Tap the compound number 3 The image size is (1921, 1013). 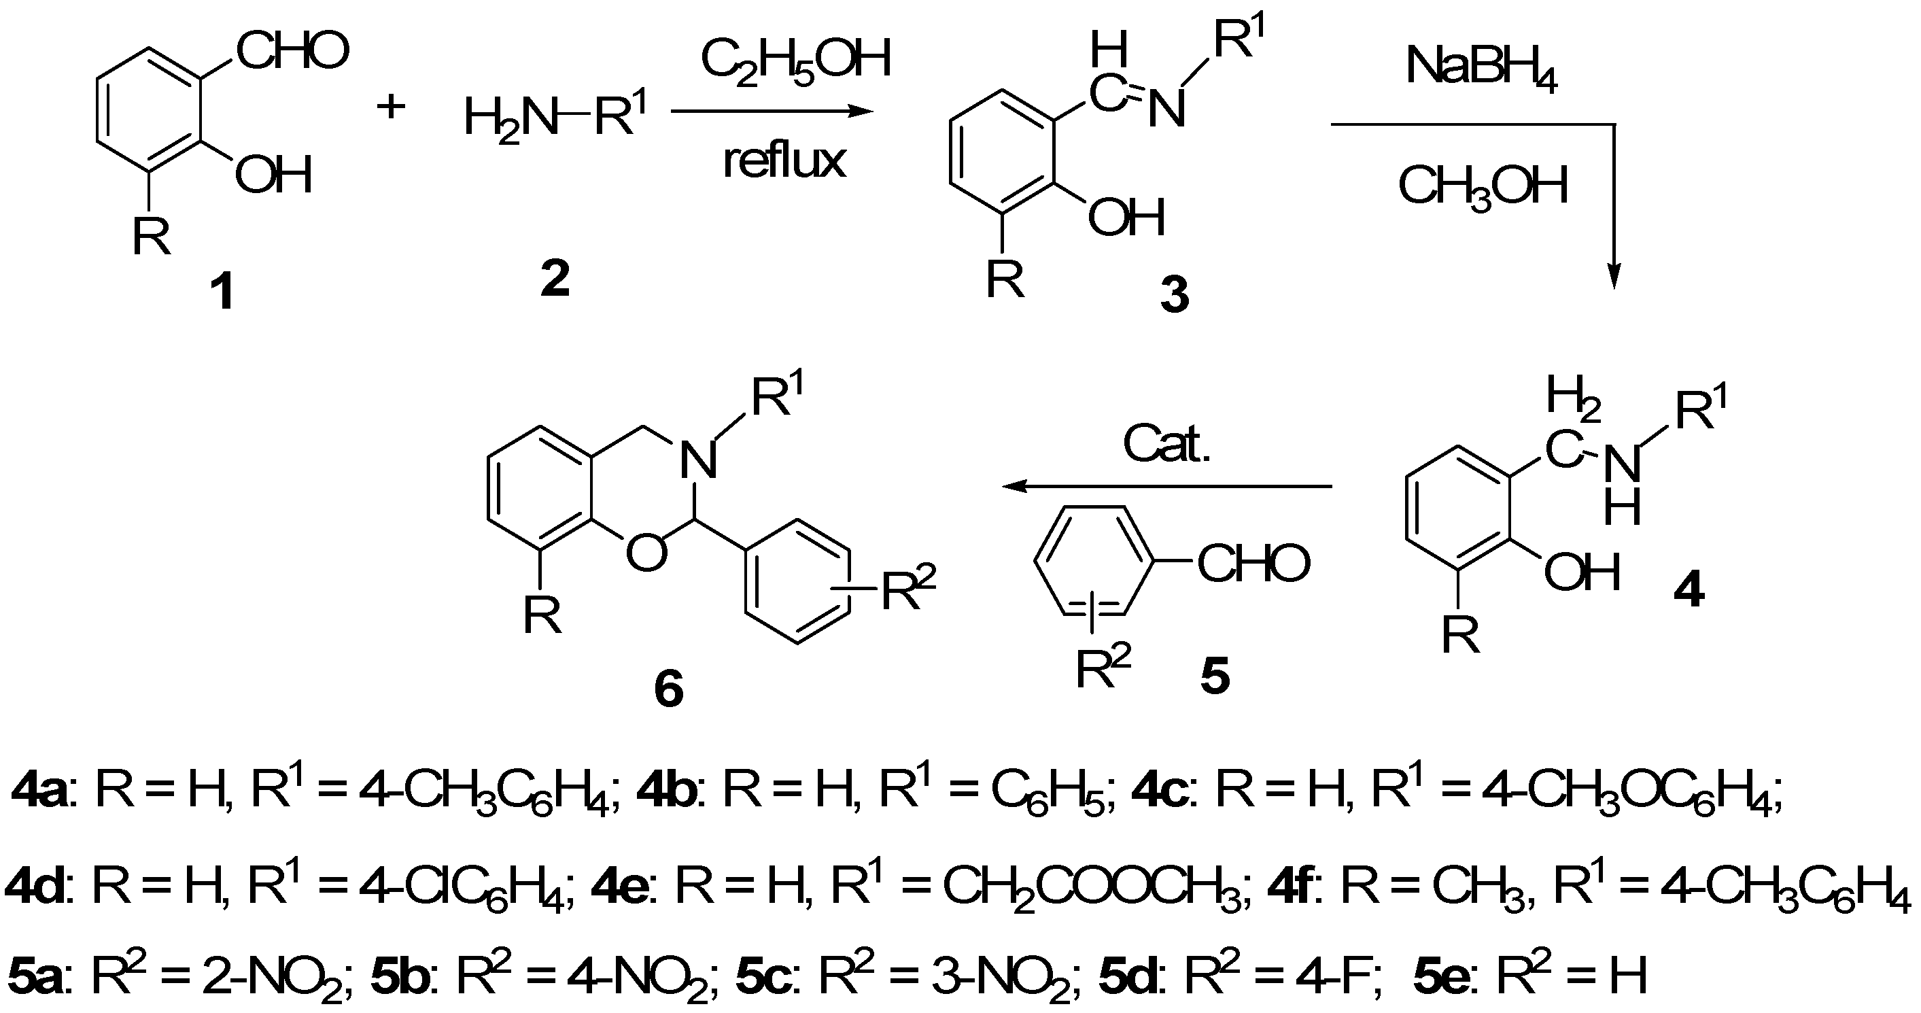pos(1175,294)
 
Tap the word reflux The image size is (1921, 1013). pos(784,160)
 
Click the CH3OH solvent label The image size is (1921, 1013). pos(1483,186)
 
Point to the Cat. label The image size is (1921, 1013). pos(1166,445)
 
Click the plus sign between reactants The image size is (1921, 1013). pos(391,107)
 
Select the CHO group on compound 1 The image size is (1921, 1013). pos(292,52)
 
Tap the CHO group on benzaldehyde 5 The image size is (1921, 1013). pos(1253,563)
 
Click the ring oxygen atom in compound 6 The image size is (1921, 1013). pos(646,553)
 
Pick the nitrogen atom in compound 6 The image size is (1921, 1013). pos(699,460)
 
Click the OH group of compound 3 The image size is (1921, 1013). pos(1126,218)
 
